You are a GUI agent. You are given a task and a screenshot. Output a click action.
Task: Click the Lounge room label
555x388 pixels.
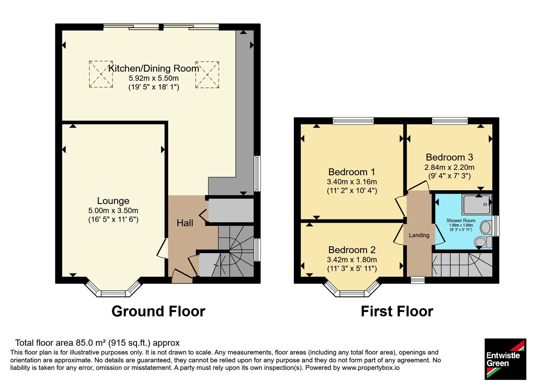coord(113,201)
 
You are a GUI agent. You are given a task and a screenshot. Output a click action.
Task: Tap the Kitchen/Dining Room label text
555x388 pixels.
coord(154,69)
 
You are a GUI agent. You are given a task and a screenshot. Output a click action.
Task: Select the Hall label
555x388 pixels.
coord(185,223)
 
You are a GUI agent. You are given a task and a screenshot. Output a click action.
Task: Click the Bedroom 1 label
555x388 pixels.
coord(352,172)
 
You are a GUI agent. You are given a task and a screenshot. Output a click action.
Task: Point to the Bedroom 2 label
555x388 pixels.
coord(352,250)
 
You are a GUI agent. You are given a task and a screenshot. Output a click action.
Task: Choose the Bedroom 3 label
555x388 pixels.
coord(449,157)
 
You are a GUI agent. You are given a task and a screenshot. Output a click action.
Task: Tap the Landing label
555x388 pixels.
coord(419,235)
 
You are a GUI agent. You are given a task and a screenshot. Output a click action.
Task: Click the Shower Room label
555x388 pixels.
coord(461,220)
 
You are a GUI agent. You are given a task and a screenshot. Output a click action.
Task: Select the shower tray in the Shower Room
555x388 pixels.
coord(477,204)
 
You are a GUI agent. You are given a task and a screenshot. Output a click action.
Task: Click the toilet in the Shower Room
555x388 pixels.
coord(483,242)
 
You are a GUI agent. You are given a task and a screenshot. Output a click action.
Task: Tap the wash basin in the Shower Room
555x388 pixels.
coord(486,227)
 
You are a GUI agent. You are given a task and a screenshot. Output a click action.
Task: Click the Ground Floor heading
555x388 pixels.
coord(158,311)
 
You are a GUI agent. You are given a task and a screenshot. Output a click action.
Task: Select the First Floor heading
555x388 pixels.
coord(397,311)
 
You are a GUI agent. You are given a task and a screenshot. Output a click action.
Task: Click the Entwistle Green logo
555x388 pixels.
coord(505,359)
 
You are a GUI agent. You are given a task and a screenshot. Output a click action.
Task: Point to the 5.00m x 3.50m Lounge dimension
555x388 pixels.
coord(113,211)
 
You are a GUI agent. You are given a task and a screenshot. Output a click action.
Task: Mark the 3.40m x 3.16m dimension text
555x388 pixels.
coord(352,182)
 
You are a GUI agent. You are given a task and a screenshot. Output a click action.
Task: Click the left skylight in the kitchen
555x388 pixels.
coord(101,74)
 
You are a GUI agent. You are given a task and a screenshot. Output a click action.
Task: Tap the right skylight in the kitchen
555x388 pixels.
coord(207,75)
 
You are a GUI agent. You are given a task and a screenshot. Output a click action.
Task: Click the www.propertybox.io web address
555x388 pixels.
coord(371,368)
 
